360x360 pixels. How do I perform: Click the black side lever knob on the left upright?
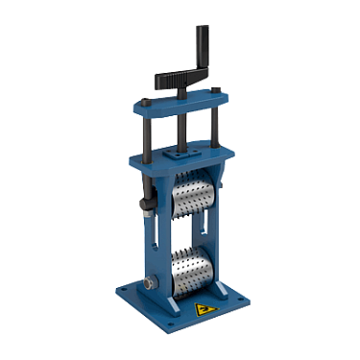tap(147, 204)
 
